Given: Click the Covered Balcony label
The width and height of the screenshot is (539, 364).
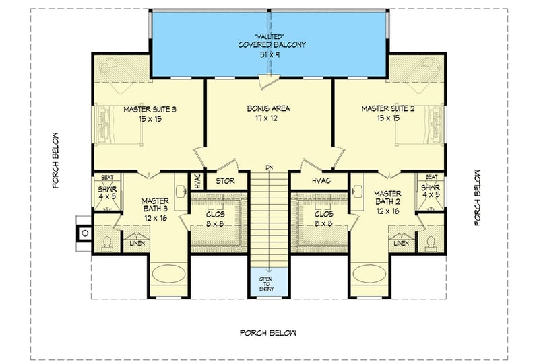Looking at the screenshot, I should click(x=272, y=46).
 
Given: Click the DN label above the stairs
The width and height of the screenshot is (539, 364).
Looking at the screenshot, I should click(x=269, y=167).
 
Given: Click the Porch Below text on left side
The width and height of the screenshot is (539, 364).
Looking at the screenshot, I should click(x=57, y=160).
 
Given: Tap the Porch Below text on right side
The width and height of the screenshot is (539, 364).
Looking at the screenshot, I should click(x=477, y=196).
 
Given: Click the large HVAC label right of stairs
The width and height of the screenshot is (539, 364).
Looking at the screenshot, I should click(x=320, y=181).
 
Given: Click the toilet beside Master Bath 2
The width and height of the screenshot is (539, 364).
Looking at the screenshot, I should click(x=431, y=240).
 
